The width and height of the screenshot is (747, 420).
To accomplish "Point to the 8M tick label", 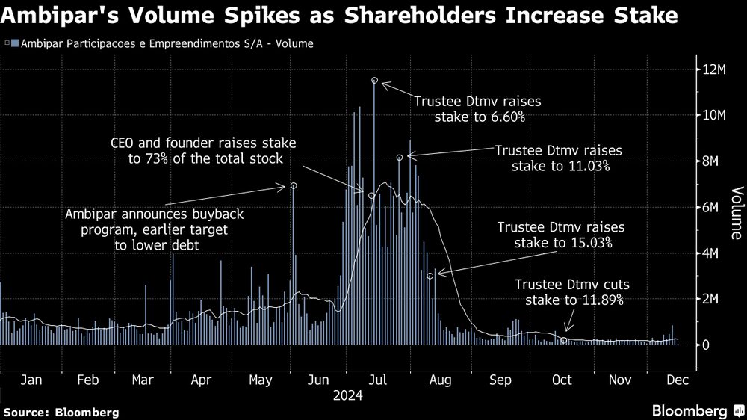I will [710, 161].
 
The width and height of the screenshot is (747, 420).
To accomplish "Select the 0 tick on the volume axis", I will [704, 345].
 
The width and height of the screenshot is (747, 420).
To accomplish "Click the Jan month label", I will [31, 380].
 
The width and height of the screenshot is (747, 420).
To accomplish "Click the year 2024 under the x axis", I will [347, 395].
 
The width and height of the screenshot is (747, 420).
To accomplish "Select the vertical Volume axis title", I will [736, 212].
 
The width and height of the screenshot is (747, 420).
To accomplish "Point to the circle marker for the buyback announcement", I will [294, 185].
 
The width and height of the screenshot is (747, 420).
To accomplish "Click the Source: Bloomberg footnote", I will [61, 412].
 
